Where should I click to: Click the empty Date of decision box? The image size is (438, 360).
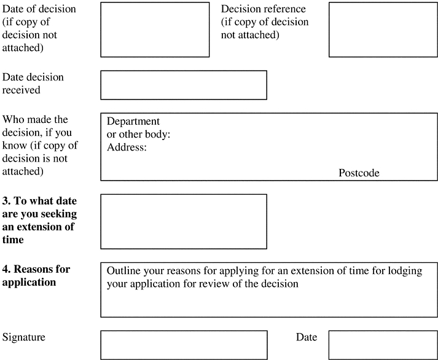point(155,29)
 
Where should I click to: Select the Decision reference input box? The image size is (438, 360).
point(382,29)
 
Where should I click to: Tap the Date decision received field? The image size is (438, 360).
point(184,85)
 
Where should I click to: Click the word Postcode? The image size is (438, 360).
point(359,173)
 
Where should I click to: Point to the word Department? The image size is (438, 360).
point(133,121)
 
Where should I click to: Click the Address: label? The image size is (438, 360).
point(127,147)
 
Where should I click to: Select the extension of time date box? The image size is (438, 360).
point(184,221)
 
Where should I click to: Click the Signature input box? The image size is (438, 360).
point(184,345)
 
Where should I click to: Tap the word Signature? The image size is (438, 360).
point(24,337)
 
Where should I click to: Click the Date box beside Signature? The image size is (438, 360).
point(382,345)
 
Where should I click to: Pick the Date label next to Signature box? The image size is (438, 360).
point(307,337)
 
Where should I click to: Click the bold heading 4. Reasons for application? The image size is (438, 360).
point(36,276)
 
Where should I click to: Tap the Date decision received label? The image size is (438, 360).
point(33,84)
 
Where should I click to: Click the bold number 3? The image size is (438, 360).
point(6,201)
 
